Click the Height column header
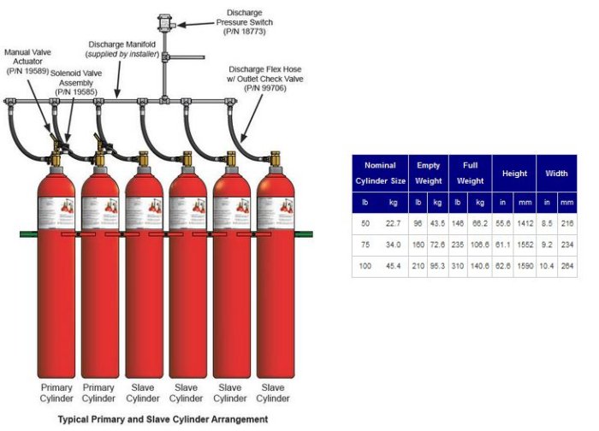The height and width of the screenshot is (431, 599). tap(514, 174)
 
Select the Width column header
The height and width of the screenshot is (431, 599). tap(557, 174)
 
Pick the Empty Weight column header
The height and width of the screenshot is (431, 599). tap(429, 173)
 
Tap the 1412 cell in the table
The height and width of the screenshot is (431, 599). tap(523, 223)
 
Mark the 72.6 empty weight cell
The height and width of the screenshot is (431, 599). tap(437, 245)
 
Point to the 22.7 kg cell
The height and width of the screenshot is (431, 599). tap(393, 223)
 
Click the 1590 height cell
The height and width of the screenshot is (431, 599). tap(523, 266)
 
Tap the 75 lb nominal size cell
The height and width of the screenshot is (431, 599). tap(365, 245)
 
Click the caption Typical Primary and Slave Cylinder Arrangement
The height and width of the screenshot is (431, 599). tap(163, 420)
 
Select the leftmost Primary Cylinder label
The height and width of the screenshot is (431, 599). tap(56, 393)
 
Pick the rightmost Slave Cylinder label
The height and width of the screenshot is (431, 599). tap(273, 393)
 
